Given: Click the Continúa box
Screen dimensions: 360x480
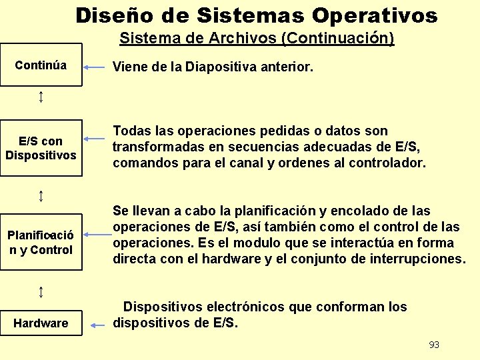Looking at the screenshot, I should click(41, 65).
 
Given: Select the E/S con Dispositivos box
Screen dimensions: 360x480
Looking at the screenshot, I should click(41, 148).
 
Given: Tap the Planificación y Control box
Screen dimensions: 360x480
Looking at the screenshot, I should click(41, 243).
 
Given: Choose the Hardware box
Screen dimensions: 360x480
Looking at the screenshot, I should click(41, 323).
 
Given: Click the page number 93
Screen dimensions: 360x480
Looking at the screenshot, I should click(434, 345).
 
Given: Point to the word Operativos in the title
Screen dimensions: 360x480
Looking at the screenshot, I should click(375, 15).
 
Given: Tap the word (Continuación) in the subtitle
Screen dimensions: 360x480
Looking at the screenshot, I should click(338, 39).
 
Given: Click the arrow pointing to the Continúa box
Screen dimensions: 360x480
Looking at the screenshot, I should click(97, 67).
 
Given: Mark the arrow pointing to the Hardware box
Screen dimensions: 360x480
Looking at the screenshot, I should click(98, 325).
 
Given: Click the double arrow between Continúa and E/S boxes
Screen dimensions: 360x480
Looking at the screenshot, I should click(41, 97).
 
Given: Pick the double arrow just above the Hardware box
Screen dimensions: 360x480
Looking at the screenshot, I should click(41, 291).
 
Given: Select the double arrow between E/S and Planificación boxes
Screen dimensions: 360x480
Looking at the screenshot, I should click(41, 195).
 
